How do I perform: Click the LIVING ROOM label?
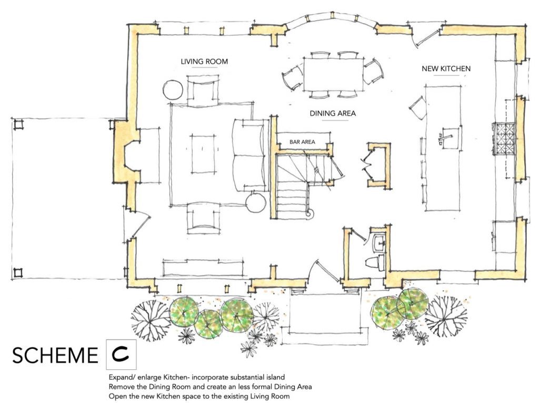click(204, 61)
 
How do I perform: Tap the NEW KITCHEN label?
click(446, 68)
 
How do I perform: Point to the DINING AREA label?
click(333, 113)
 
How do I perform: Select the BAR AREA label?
click(302, 142)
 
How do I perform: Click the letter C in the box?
click(121, 355)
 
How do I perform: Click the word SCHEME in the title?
click(55, 356)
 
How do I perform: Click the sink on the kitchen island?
click(449, 137)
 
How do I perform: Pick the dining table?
click(333, 74)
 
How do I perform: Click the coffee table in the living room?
click(204, 154)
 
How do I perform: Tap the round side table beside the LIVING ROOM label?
click(173, 90)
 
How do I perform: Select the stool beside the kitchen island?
click(417, 107)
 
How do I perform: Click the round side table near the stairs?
click(256, 203)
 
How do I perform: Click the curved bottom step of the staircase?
click(310, 214)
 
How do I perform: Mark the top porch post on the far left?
click(18, 124)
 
